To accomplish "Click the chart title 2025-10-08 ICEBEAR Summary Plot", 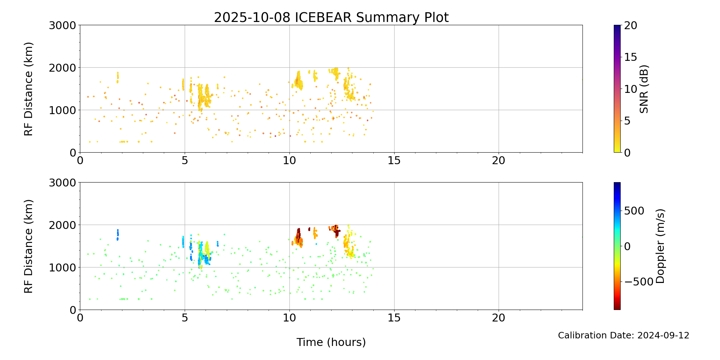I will (331, 17).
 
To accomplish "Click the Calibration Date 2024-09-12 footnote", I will (624, 336).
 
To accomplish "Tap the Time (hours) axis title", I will (331, 342).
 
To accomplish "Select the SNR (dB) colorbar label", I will (644, 89).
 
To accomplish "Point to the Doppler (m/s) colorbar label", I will (660, 246).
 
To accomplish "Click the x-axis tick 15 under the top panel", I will (394, 161).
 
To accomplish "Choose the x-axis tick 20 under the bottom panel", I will (499, 318).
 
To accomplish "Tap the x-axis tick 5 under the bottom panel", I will (185, 318).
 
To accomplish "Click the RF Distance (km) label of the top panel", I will (28, 89).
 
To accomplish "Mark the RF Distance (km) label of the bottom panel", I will (28, 246).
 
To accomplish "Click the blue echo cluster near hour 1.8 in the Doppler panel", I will (117, 235).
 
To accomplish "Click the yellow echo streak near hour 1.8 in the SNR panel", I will (117, 77).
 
